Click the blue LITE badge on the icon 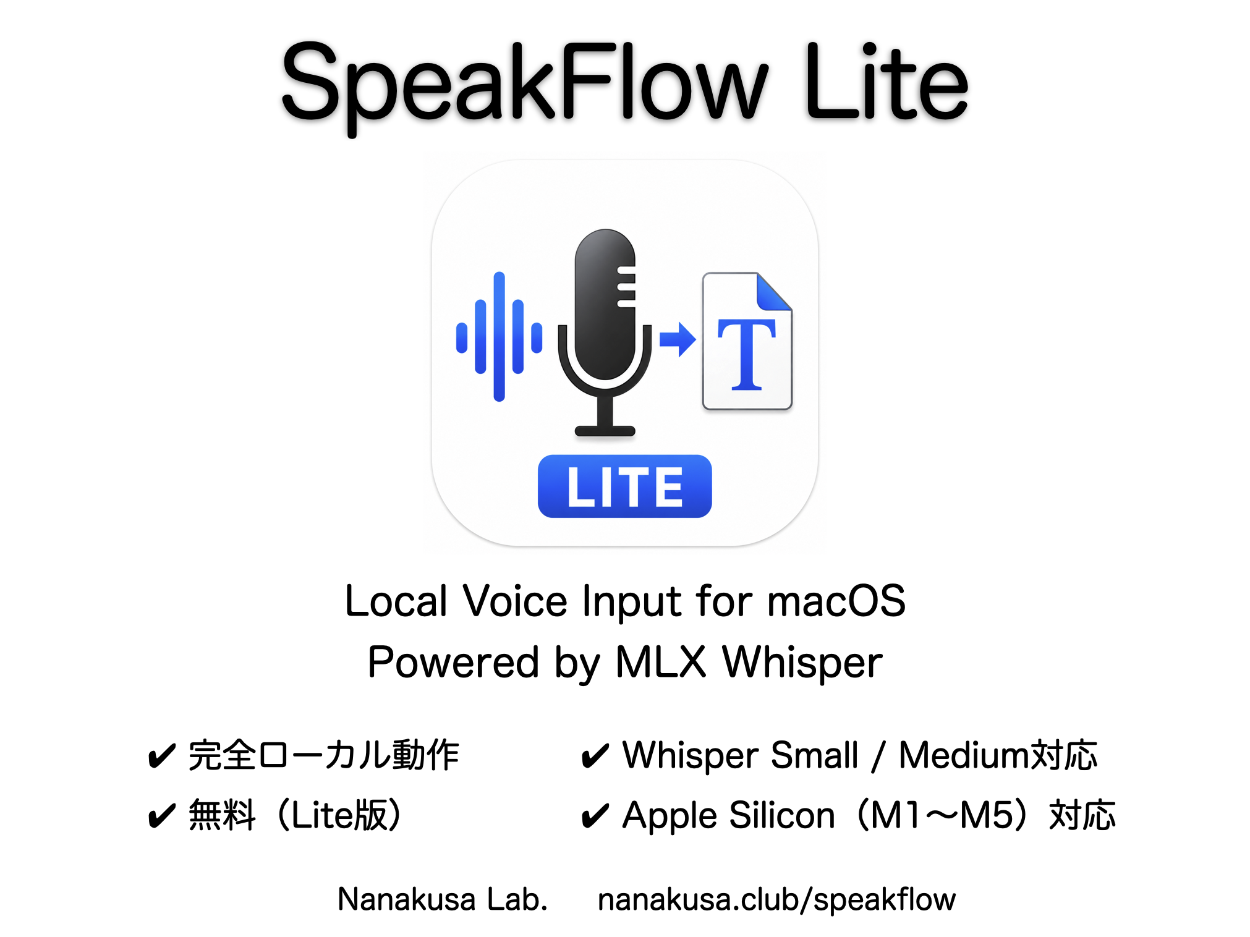[x=624, y=486]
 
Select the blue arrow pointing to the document [x=678, y=339]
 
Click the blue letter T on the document [x=746, y=355]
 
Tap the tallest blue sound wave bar [x=499, y=337]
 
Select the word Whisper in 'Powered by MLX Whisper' [x=802, y=663]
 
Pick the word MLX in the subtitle [x=661, y=662]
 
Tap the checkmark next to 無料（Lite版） [x=162, y=816]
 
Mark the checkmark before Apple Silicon [x=595, y=816]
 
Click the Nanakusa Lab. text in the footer [x=443, y=899]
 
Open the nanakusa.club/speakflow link [x=776, y=900]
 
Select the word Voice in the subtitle [x=515, y=601]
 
